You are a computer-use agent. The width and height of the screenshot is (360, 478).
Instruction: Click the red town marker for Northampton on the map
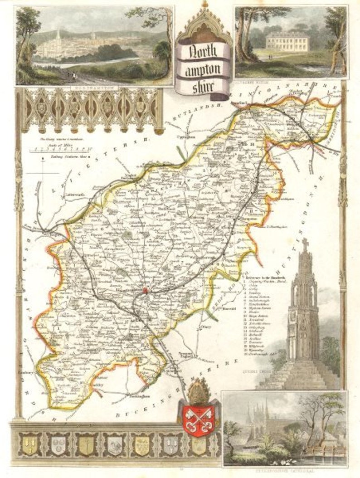(146, 290)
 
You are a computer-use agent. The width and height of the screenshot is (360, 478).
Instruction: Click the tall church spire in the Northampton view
(57, 38)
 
